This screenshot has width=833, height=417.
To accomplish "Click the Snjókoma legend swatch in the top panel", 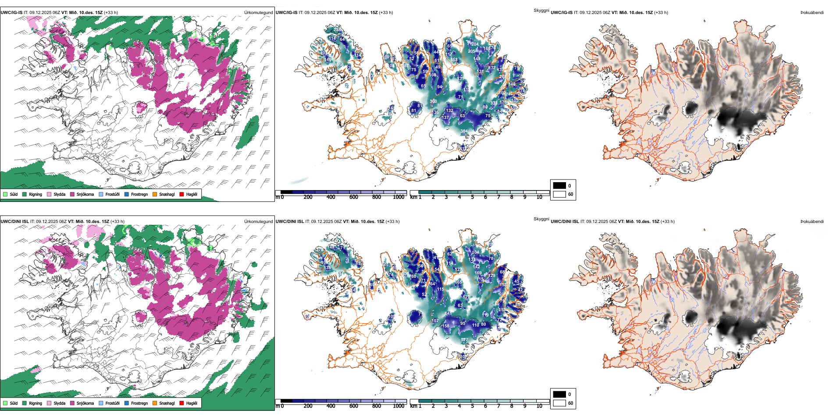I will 72,194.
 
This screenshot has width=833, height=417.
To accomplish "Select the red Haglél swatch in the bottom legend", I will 182,403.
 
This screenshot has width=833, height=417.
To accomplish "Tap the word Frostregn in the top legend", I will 139,194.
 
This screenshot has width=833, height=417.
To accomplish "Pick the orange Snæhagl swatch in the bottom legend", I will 155,403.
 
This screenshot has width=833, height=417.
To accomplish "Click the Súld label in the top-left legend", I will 14,194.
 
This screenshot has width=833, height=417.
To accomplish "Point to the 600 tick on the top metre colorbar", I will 354,197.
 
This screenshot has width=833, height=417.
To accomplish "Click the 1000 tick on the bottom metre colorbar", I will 399,406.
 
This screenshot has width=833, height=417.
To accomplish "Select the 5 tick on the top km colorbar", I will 473,197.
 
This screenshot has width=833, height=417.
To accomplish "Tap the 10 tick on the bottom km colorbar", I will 539,406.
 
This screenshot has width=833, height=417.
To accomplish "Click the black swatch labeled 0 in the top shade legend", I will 559,186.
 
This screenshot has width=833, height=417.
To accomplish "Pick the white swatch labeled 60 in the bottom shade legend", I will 559,403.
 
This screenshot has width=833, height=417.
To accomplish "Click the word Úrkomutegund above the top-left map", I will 258,13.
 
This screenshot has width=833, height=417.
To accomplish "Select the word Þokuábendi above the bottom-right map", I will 812,222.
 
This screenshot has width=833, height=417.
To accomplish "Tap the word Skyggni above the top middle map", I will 541,10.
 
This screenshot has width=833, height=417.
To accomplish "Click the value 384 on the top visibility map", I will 464,131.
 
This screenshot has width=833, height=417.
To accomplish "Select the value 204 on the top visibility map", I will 475,44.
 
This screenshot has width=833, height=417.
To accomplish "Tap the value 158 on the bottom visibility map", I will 445,326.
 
